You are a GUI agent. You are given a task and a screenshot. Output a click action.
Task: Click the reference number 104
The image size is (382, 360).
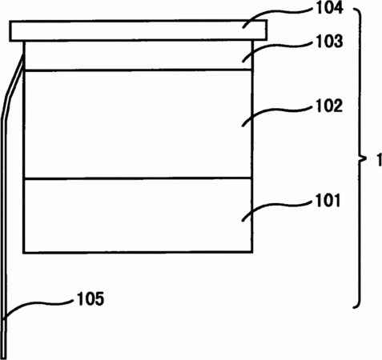pyautogui.click(x=329, y=8)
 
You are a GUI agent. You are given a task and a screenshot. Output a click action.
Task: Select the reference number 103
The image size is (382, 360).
pyautogui.click(x=329, y=42)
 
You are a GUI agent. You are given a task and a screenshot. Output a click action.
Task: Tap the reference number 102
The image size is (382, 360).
pyautogui.click(x=329, y=106)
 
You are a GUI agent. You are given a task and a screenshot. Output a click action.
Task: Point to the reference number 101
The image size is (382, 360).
pyautogui.click(x=328, y=201)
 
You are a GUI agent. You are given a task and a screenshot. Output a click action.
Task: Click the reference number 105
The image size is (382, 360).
pyautogui.click(x=90, y=298)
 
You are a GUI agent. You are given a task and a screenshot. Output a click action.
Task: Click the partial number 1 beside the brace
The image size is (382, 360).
pyautogui.click(x=380, y=160)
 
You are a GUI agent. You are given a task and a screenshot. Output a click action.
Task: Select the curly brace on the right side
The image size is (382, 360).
pyautogui.click(x=360, y=158)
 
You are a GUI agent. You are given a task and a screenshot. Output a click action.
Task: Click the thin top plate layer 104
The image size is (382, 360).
pyautogui.click(x=138, y=30)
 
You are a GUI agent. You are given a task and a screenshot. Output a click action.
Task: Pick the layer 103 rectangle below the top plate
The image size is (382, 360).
pyautogui.click(x=138, y=55)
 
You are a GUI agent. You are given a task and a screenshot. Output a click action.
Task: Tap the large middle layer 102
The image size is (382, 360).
pyautogui.click(x=138, y=124)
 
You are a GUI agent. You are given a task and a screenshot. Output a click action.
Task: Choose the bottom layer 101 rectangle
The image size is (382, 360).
pyautogui.click(x=138, y=215)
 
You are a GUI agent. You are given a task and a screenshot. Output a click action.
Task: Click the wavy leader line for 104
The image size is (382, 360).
pyautogui.click(x=278, y=12)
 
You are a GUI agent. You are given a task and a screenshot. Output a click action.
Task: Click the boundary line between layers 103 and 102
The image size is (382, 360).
pyautogui.click(x=138, y=70)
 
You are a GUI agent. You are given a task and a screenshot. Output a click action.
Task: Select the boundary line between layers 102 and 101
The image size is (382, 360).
pyautogui.click(x=138, y=178)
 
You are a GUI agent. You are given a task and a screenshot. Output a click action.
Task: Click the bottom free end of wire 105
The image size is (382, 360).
pyautogui.click(x=5, y=358)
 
